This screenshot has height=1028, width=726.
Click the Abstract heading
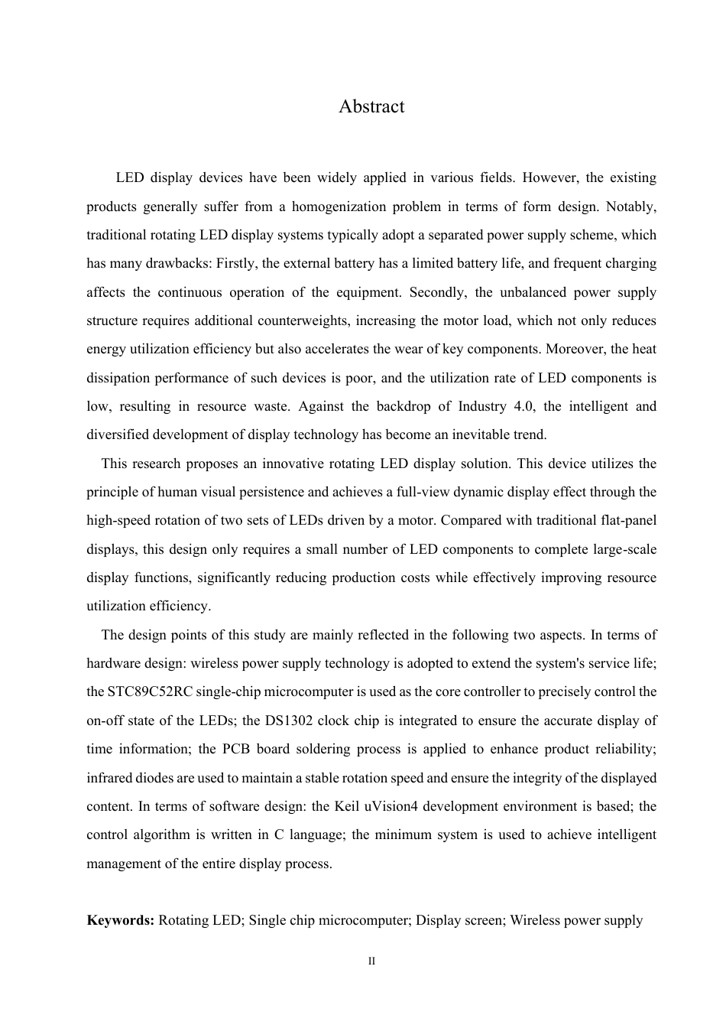tap(371, 106)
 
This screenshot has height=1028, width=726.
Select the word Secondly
tap(437, 292)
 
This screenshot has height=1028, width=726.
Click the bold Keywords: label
tap(121, 920)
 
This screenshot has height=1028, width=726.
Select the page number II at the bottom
tap(371, 961)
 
